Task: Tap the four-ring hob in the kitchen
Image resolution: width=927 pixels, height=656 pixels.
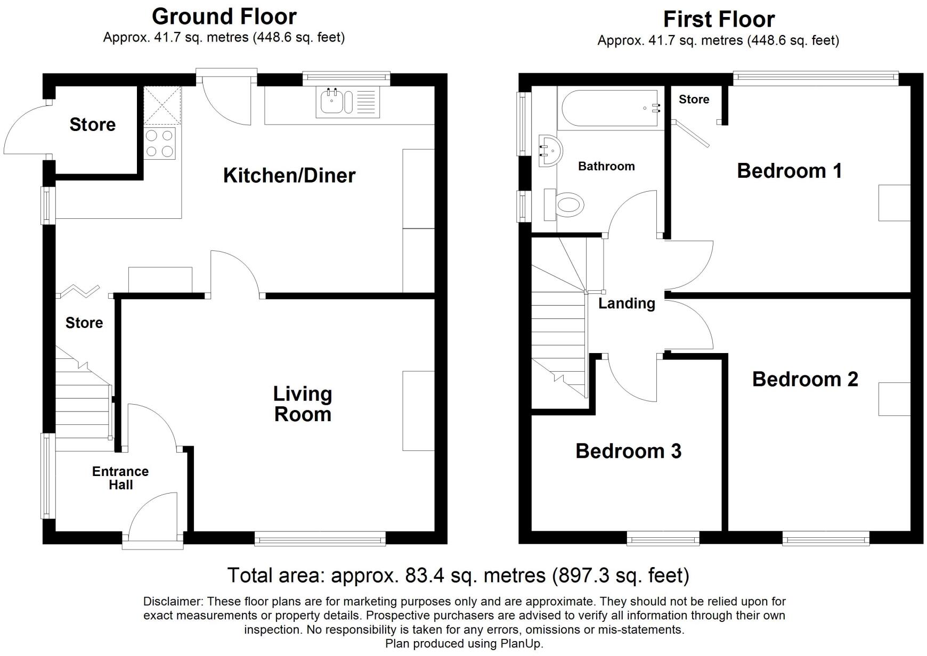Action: pos(160,143)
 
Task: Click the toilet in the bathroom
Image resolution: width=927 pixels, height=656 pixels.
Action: pos(567,204)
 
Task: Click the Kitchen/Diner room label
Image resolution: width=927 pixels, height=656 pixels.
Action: pos(289,175)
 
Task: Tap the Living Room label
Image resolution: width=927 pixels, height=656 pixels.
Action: pos(303,404)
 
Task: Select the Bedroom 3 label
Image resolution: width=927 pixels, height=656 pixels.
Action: pos(628,451)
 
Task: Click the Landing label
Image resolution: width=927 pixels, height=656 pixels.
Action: pos(627,304)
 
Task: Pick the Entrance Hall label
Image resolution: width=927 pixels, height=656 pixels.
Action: pos(120,478)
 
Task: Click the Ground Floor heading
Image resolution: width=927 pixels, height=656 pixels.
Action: pos(224,17)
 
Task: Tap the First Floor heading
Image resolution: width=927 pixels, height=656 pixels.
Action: pos(718,19)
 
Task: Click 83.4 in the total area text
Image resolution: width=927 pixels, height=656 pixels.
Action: pos(424,576)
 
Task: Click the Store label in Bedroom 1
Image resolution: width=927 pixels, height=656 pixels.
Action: pos(694,100)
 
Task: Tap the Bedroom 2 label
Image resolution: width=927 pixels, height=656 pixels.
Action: pos(804,379)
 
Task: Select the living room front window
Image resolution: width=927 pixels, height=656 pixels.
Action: pos(320,539)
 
